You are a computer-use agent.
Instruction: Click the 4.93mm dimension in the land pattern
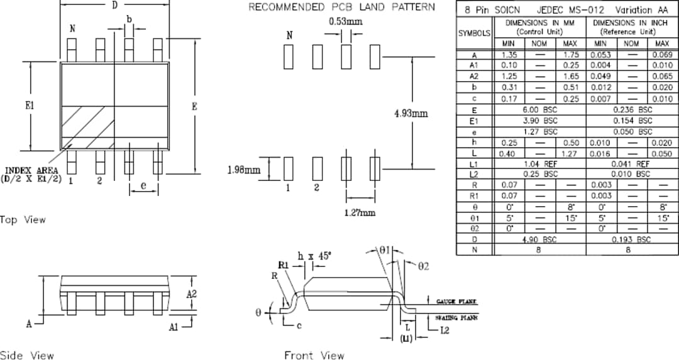click(411, 114)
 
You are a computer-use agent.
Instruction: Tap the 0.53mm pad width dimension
click(346, 21)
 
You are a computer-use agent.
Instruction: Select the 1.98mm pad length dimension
click(243, 170)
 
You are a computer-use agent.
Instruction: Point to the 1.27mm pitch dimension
click(360, 212)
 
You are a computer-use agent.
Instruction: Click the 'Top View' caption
click(23, 219)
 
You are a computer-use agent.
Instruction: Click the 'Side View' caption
click(27, 356)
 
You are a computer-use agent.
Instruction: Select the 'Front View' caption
click(314, 356)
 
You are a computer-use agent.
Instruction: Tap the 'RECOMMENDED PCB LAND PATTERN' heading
click(341, 7)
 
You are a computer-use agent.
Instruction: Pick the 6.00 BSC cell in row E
click(540, 109)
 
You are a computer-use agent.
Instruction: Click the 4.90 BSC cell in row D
click(540, 239)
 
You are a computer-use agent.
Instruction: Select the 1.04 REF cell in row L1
click(540, 163)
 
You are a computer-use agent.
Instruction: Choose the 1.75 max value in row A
click(570, 55)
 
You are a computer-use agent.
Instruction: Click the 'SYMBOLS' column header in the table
click(475, 32)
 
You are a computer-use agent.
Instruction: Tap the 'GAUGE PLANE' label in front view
click(454, 301)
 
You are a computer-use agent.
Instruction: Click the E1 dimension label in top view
click(30, 106)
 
